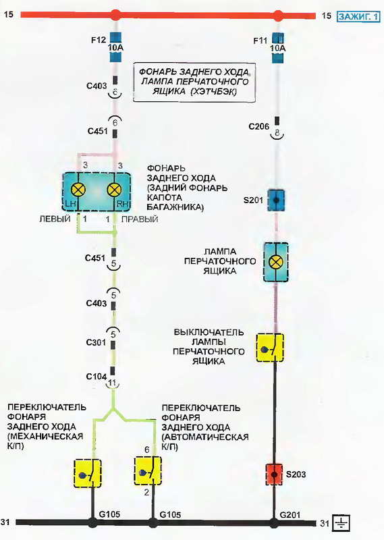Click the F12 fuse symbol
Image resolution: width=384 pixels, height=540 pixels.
click(x=115, y=47)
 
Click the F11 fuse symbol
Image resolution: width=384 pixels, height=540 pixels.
click(x=278, y=48)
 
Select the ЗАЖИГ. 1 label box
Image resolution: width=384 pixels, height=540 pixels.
click(x=358, y=16)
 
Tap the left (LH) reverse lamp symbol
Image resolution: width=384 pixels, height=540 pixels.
click(x=78, y=190)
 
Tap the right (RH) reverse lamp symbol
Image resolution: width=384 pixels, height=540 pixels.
click(x=114, y=190)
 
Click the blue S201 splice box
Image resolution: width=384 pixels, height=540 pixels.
click(x=276, y=200)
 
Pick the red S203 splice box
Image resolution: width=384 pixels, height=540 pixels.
click(x=275, y=475)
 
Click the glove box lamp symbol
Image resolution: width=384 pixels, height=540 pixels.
click(x=276, y=262)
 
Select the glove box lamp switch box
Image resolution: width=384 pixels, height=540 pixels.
click(x=270, y=347)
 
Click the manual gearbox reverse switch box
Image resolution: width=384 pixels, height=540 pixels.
click(x=88, y=474)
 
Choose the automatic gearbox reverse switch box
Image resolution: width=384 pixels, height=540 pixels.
click(x=148, y=470)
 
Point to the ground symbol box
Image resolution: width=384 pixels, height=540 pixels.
click(x=341, y=523)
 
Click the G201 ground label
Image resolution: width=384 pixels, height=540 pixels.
click(x=290, y=515)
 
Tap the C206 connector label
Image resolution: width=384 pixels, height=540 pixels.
click(x=259, y=127)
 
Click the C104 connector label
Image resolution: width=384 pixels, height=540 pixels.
click(x=97, y=377)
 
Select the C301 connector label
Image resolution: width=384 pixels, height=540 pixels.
click(x=96, y=343)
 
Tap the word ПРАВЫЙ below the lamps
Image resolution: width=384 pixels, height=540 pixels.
click(x=140, y=219)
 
